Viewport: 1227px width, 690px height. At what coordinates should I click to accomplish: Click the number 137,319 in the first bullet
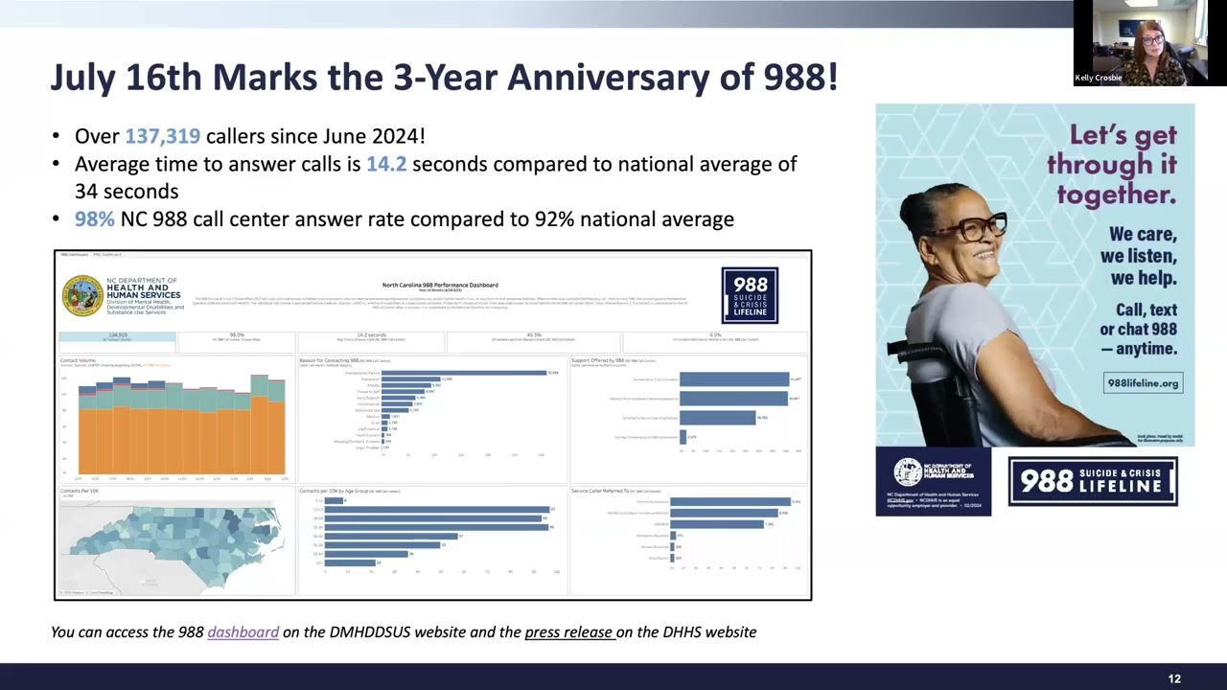pos(162,137)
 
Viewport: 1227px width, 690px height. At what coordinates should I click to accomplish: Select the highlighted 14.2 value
pos(386,164)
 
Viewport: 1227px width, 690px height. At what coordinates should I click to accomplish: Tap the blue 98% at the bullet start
pos(94,219)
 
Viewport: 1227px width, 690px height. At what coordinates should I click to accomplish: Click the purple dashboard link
pos(243,632)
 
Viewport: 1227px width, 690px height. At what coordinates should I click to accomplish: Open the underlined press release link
pos(568,632)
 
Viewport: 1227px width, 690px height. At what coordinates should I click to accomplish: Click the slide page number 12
pos(1174,678)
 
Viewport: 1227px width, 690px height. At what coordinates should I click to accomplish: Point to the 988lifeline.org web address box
pos(1143,383)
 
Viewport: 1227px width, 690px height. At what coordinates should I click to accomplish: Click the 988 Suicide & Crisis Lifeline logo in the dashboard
pos(750,295)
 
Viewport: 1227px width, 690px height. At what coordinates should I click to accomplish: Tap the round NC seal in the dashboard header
pos(82,295)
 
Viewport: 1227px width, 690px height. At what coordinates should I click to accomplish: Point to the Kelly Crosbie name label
pos(1098,78)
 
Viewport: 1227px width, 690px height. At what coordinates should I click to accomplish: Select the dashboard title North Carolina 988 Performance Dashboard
pos(440,285)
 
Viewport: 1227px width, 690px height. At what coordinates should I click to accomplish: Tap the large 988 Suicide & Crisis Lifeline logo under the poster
pos(1092,481)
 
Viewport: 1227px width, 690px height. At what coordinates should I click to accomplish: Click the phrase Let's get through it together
pos(1112,165)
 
